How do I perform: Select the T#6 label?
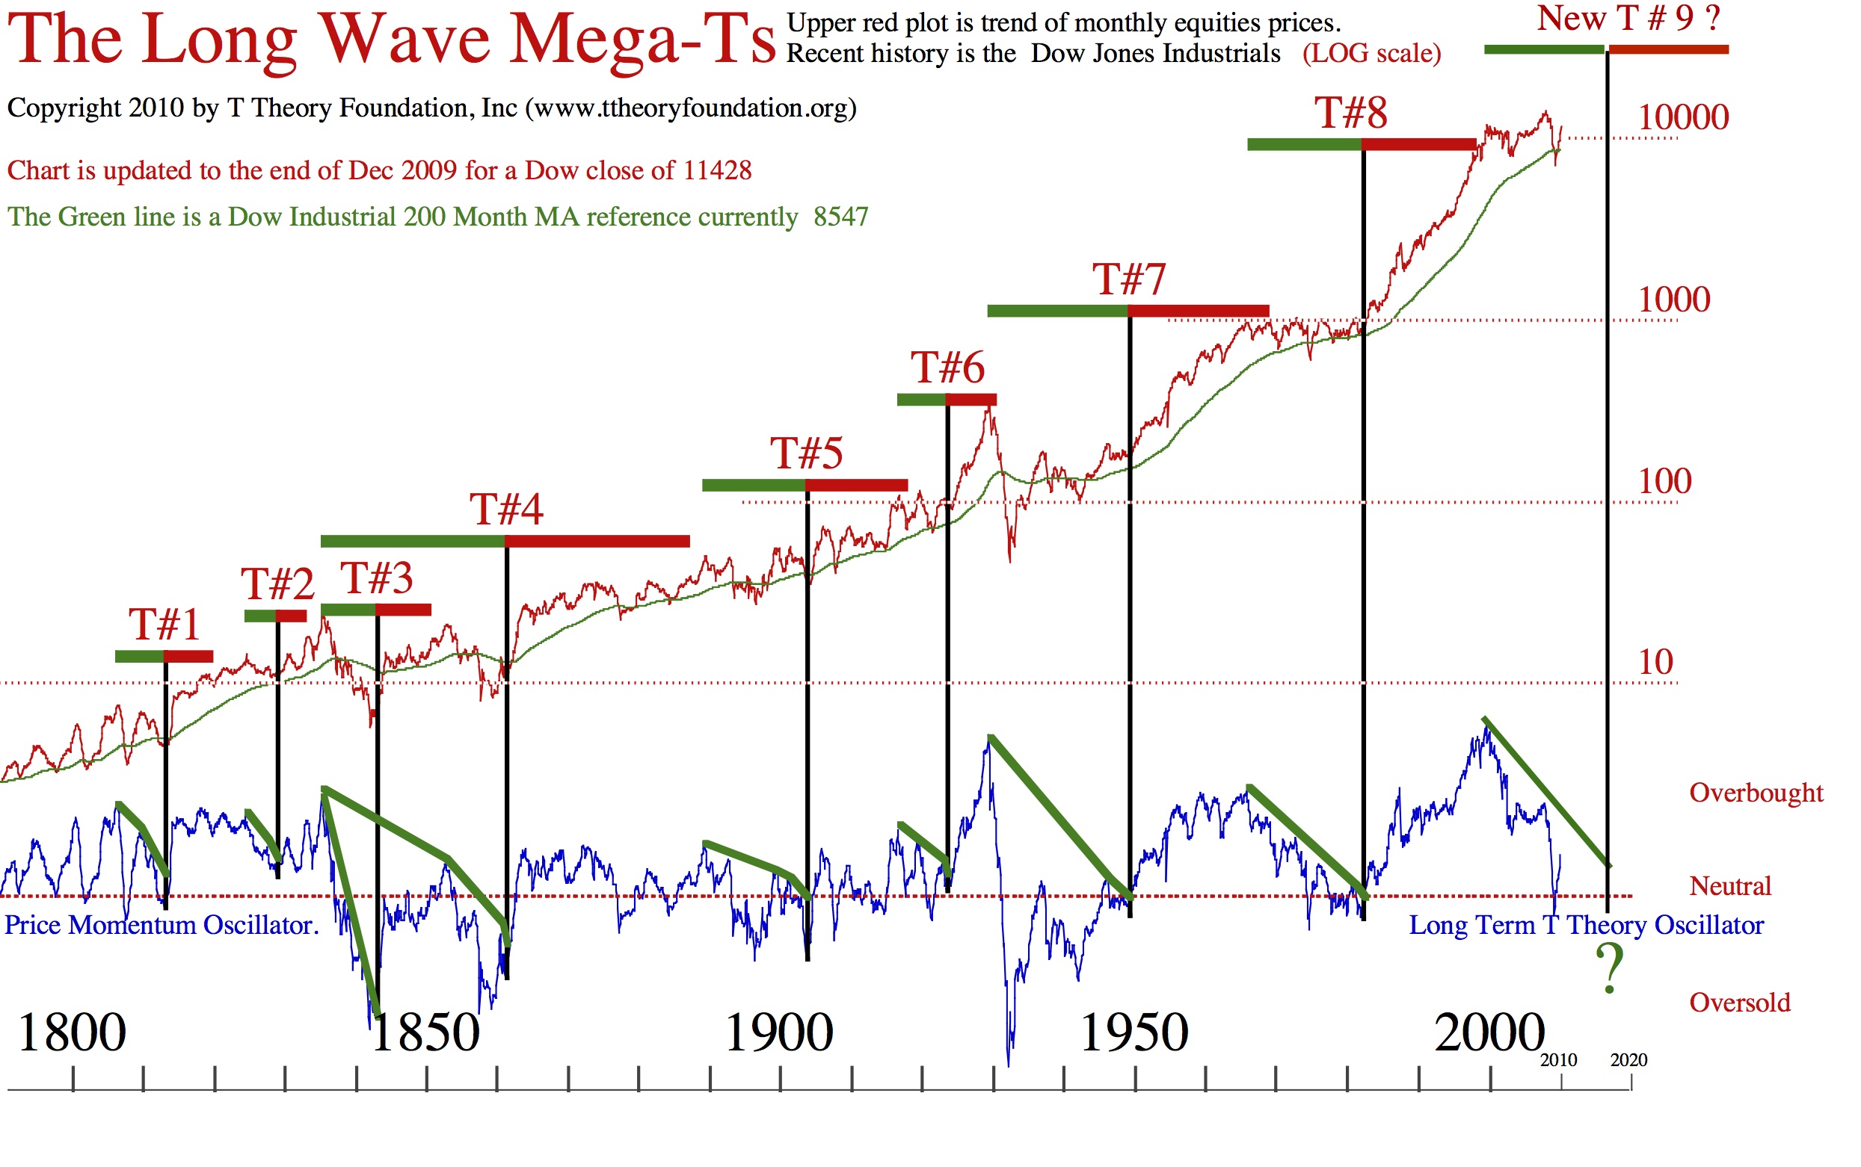click(947, 368)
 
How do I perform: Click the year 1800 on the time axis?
click(71, 1033)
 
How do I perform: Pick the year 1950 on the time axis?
click(1133, 1033)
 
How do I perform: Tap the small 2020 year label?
click(1628, 1060)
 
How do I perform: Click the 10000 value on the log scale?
click(1682, 117)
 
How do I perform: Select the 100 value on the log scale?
click(1665, 482)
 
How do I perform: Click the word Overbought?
click(1756, 793)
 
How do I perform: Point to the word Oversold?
click(1739, 1003)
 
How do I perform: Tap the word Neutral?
click(1729, 886)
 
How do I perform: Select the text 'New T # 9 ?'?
click(1628, 19)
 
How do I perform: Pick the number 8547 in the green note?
click(840, 217)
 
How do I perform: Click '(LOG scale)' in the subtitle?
click(1371, 54)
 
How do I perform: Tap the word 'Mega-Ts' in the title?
click(641, 40)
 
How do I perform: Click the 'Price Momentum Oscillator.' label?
click(162, 925)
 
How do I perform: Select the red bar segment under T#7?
click(1198, 311)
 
